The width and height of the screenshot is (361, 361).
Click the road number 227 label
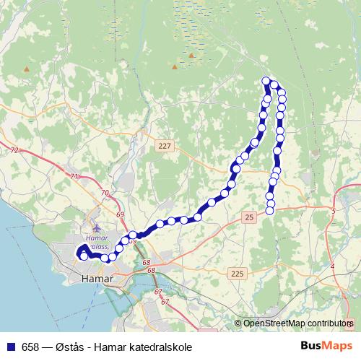tap(165, 146)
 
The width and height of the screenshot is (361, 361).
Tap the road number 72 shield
tap(15, 150)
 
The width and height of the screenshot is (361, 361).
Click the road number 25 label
tap(249, 217)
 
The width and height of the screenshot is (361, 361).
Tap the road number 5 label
tap(334, 210)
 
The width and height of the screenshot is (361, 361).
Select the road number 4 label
tap(332, 266)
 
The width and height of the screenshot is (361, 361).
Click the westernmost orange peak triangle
tap(27, 69)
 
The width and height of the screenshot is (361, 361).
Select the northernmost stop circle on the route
tap(266, 81)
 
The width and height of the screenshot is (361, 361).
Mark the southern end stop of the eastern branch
tap(270, 210)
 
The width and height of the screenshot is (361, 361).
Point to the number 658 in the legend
tap(30, 347)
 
